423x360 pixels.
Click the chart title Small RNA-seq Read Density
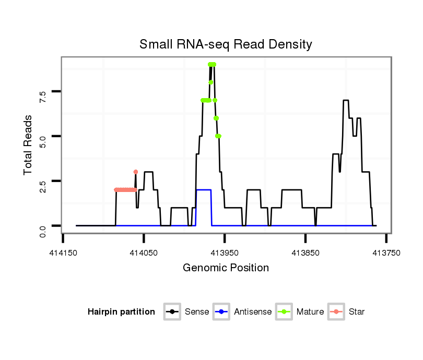click(x=226, y=44)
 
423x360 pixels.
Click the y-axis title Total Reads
click(x=29, y=145)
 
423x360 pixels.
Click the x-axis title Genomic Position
click(x=226, y=268)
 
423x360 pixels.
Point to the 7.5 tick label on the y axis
click(x=42, y=94)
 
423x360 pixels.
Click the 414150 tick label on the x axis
click(x=63, y=253)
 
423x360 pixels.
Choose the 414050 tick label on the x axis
click(x=144, y=253)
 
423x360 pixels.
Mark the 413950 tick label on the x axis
click(x=225, y=253)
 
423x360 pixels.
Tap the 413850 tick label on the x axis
click(x=305, y=253)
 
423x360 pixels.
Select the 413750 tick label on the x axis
click(x=386, y=253)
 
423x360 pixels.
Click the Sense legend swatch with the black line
click(x=171, y=312)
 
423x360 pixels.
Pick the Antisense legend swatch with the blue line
click(x=221, y=312)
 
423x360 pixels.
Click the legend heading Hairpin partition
click(x=121, y=312)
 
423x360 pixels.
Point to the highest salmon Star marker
click(x=136, y=172)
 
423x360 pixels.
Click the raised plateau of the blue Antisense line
click(x=204, y=190)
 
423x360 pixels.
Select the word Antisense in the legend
click(x=253, y=312)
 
